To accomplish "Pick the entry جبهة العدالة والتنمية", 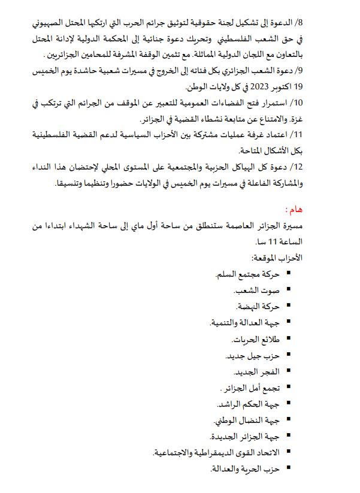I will [244, 323].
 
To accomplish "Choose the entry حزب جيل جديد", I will [252, 356].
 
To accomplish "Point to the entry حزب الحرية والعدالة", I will [245, 469].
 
